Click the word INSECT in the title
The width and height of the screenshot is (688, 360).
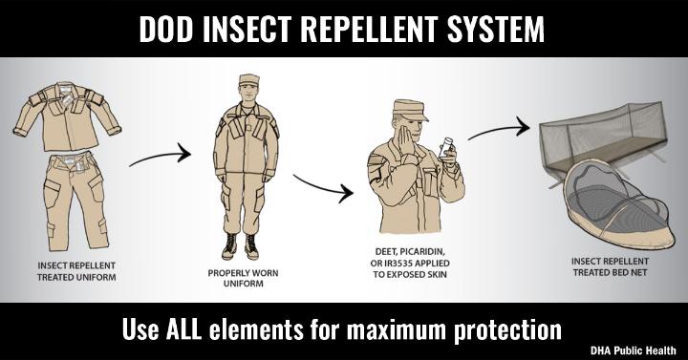pos(247,30)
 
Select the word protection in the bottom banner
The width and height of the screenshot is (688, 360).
pos(507,330)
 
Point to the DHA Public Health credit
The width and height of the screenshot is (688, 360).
pos(634,350)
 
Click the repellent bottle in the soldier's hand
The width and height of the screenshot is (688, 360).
pos(446,148)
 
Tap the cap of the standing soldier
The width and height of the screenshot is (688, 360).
pos(248,79)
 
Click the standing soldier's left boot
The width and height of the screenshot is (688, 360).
pos(251,246)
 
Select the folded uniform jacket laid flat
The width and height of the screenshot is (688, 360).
pos(67,116)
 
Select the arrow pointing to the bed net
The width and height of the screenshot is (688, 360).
pos(499,129)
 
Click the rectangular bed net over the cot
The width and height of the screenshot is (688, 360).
pos(604,137)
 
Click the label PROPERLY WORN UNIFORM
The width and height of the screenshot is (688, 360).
pos(243,278)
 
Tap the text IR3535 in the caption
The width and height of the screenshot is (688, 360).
pos(398,264)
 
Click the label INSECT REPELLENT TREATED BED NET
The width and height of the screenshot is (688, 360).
pos(610,266)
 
